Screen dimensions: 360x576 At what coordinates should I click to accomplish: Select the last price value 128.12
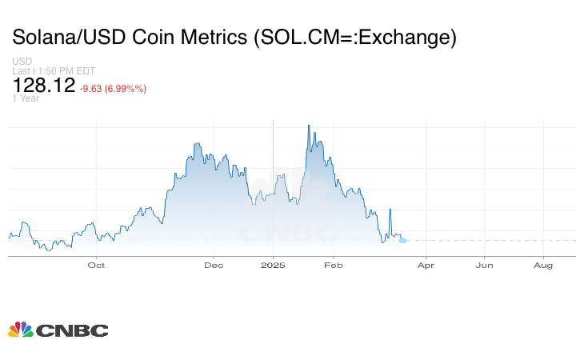click(44, 86)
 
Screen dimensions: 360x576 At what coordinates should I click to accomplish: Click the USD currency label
click(22, 61)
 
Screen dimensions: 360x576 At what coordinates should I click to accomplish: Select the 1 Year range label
click(26, 99)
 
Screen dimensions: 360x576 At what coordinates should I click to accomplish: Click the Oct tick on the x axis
click(96, 265)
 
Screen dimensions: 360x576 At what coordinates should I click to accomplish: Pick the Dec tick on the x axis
click(214, 265)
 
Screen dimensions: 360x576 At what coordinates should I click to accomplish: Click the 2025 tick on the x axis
click(273, 265)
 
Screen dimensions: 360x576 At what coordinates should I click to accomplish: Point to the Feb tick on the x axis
click(332, 265)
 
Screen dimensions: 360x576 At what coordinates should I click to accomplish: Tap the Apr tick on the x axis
click(426, 265)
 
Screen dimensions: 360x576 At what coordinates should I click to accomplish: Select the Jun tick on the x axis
click(484, 265)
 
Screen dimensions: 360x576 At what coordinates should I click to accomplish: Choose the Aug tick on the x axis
click(543, 265)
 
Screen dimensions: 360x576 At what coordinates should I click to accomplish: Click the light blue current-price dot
click(402, 240)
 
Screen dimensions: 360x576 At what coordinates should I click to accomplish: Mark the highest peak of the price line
click(308, 126)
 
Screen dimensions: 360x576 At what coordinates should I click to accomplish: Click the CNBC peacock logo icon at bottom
click(20, 330)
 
